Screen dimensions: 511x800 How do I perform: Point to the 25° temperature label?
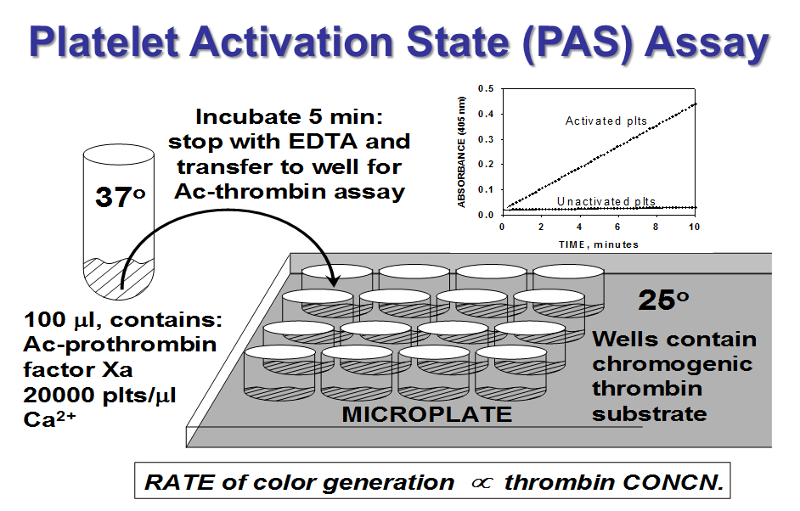[666, 301]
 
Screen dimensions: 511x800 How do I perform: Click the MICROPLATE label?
[427, 414]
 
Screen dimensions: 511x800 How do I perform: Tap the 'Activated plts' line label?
[606, 121]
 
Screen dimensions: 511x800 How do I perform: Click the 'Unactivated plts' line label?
[606, 201]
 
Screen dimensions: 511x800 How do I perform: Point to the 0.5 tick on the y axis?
[486, 88]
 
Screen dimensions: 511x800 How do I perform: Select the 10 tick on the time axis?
[695, 227]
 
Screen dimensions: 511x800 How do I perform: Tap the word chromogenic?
[672, 364]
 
